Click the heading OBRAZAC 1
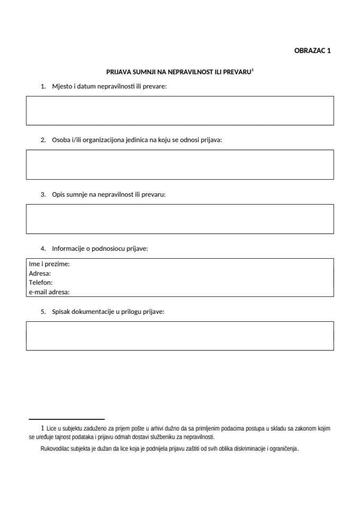tap(312, 51)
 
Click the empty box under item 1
tap(180, 110)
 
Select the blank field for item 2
tap(180, 164)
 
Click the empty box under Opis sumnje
tap(180, 218)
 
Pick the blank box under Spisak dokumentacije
tap(180, 336)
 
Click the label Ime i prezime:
tap(49, 264)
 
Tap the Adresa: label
tap(40, 273)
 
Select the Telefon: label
tap(41, 282)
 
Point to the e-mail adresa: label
tap(49, 292)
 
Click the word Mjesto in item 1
tap(63, 86)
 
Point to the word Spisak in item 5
tap(62, 312)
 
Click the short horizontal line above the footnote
tap(66, 419)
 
